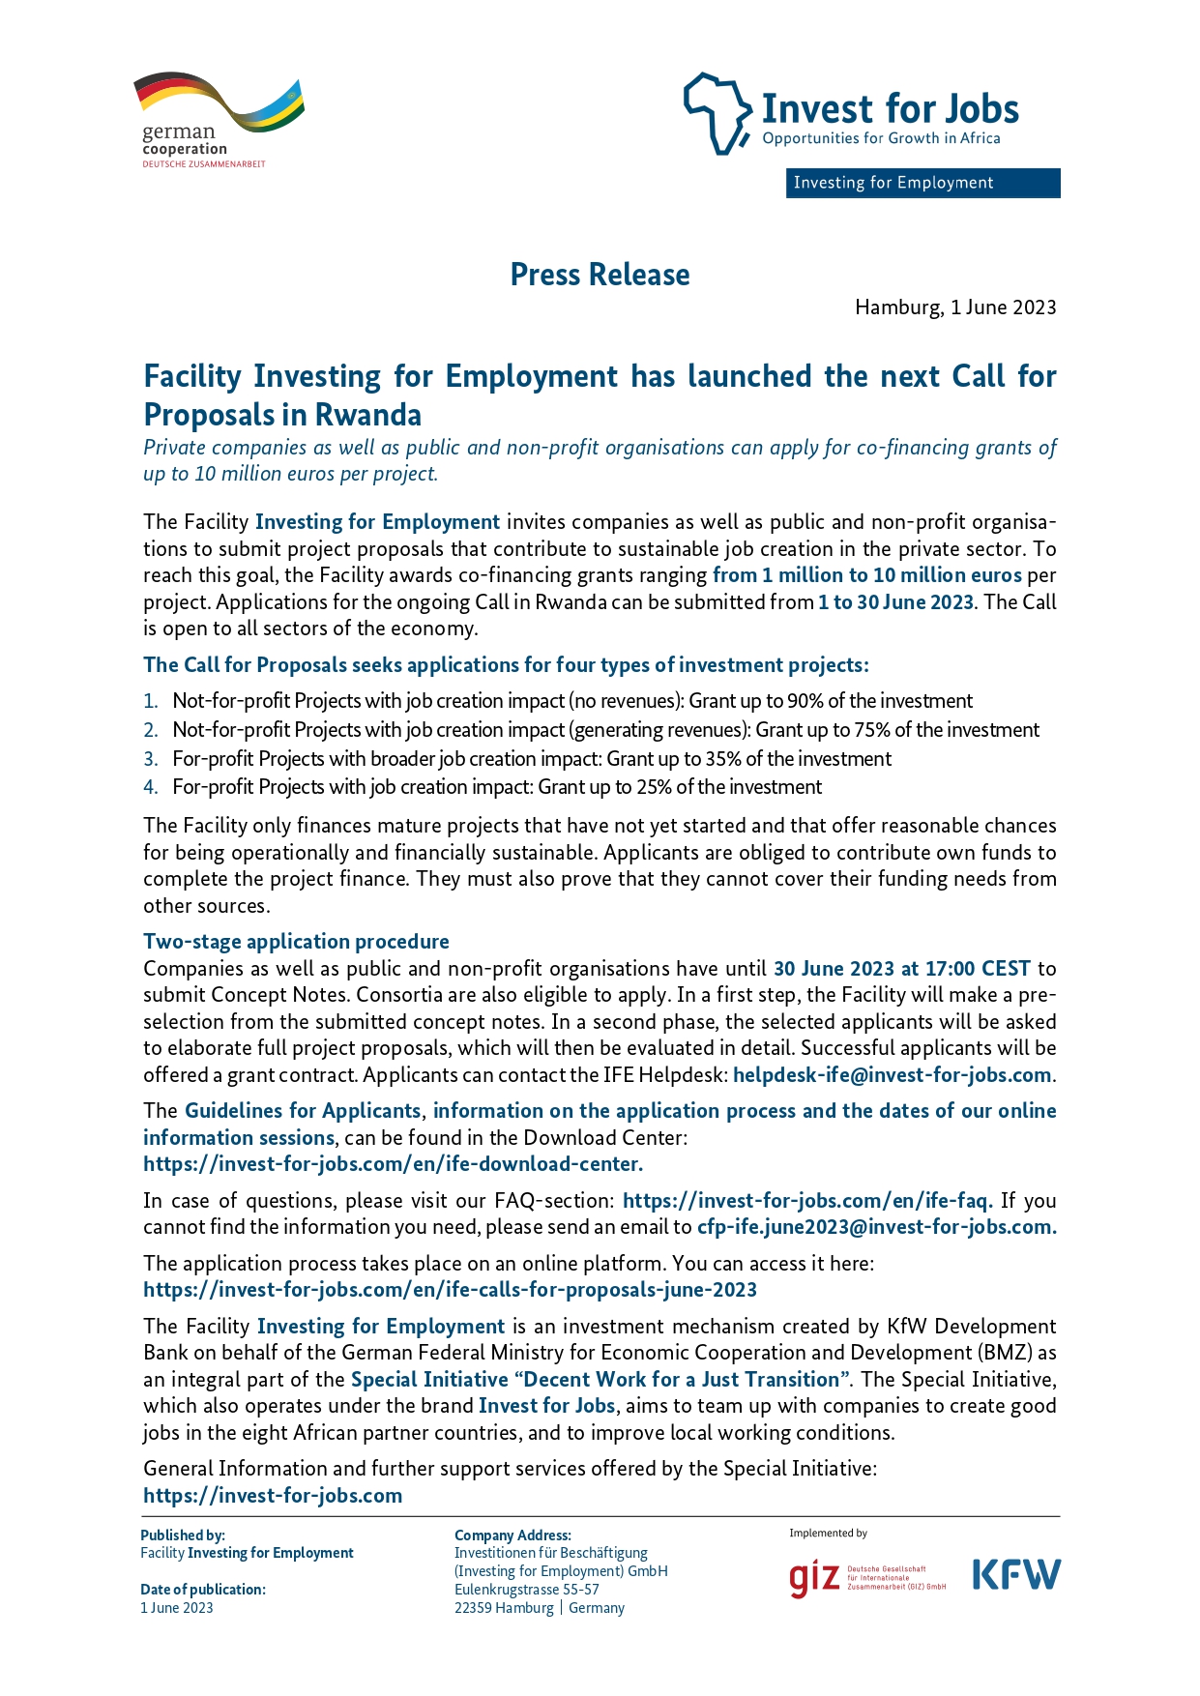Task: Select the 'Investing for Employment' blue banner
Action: pos(922,183)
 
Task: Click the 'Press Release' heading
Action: pos(600,275)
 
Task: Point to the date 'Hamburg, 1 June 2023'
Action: pos(954,307)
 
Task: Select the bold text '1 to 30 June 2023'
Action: pos(895,601)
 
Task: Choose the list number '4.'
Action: pos(151,787)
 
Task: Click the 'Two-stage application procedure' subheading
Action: pos(296,941)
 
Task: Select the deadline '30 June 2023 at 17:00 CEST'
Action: pos(901,968)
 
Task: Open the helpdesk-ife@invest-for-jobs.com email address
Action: pos(892,1074)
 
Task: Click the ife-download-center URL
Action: pos(393,1163)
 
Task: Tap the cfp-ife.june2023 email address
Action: pos(876,1226)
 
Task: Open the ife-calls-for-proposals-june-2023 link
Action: pos(450,1289)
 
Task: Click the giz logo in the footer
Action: pos(814,1578)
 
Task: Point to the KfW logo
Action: pos(1015,1574)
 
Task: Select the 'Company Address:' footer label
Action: pos(512,1535)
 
